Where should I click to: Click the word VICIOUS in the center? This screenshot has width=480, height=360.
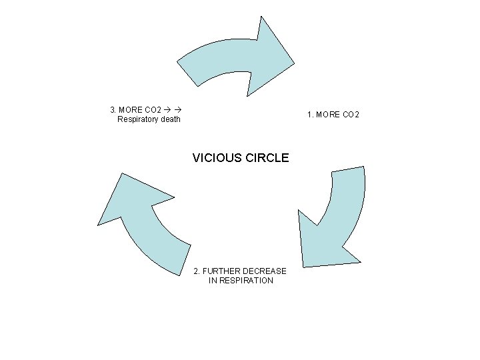coord(214,158)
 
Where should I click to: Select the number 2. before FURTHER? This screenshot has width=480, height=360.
coord(197,271)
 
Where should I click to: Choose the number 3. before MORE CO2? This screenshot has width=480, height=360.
coord(113,109)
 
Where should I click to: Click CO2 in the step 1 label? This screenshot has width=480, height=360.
coord(351,115)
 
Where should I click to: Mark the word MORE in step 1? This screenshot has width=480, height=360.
coord(329,115)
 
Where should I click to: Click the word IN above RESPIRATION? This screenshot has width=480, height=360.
coord(213,281)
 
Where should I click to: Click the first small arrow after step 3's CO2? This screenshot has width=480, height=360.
coord(166,109)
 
